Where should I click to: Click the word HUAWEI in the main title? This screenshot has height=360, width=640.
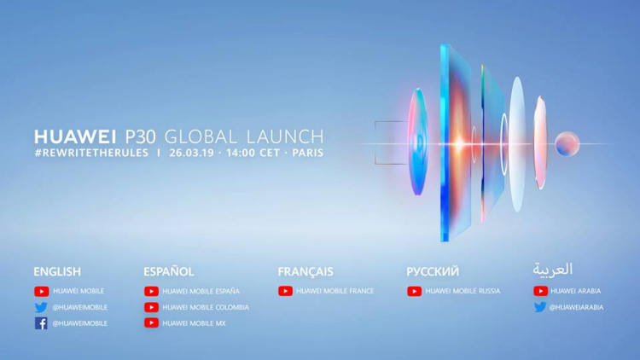click(x=75, y=136)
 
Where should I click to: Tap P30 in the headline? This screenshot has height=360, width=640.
click(x=140, y=136)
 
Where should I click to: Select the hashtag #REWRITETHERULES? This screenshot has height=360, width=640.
click(x=91, y=153)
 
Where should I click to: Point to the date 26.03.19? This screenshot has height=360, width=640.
click(x=191, y=153)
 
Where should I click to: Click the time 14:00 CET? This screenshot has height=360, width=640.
click(x=253, y=153)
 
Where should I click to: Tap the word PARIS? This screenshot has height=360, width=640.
click(x=308, y=153)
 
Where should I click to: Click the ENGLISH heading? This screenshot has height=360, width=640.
click(x=57, y=271)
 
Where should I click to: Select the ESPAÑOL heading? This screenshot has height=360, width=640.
click(x=169, y=271)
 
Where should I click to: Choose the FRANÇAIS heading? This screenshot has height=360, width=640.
click(x=305, y=271)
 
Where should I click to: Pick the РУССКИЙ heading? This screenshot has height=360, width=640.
click(x=433, y=271)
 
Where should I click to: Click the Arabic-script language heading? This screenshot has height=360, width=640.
click(x=553, y=270)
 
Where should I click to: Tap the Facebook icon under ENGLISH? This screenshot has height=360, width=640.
click(x=41, y=323)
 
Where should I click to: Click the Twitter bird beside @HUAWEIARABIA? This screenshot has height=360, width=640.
click(x=540, y=307)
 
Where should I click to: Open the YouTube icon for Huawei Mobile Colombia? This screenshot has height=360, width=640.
click(x=151, y=307)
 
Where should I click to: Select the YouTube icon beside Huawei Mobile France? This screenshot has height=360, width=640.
click(x=285, y=291)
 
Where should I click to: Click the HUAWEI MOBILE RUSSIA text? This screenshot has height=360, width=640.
click(x=463, y=291)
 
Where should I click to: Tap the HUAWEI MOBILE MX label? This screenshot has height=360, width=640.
click(x=194, y=323)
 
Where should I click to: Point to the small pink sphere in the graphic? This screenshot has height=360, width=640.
click(x=567, y=143)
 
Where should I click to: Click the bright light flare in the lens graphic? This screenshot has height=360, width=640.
click(x=459, y=144)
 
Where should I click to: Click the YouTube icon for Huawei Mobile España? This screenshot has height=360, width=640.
click(x=151, y=291)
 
